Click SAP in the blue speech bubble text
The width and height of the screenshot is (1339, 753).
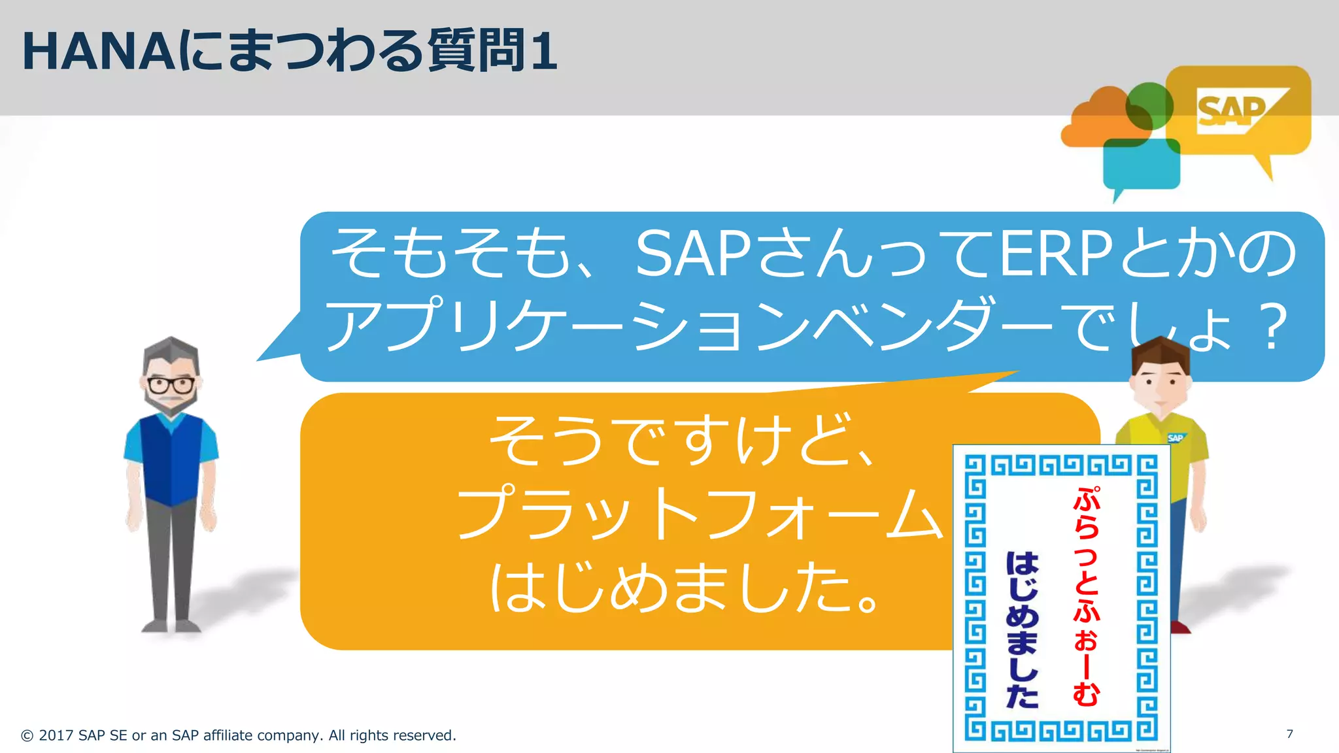coord(693,255)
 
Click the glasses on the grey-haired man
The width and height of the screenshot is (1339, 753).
coord(171,384)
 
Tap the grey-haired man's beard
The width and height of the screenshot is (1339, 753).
coord(171,405)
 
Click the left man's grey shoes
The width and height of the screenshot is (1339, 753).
coord(171,626)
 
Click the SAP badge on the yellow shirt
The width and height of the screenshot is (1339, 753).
coord(1175,438)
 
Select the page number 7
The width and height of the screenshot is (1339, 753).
coord(1289,734)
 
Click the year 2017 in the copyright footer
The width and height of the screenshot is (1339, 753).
coord(56,735)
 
